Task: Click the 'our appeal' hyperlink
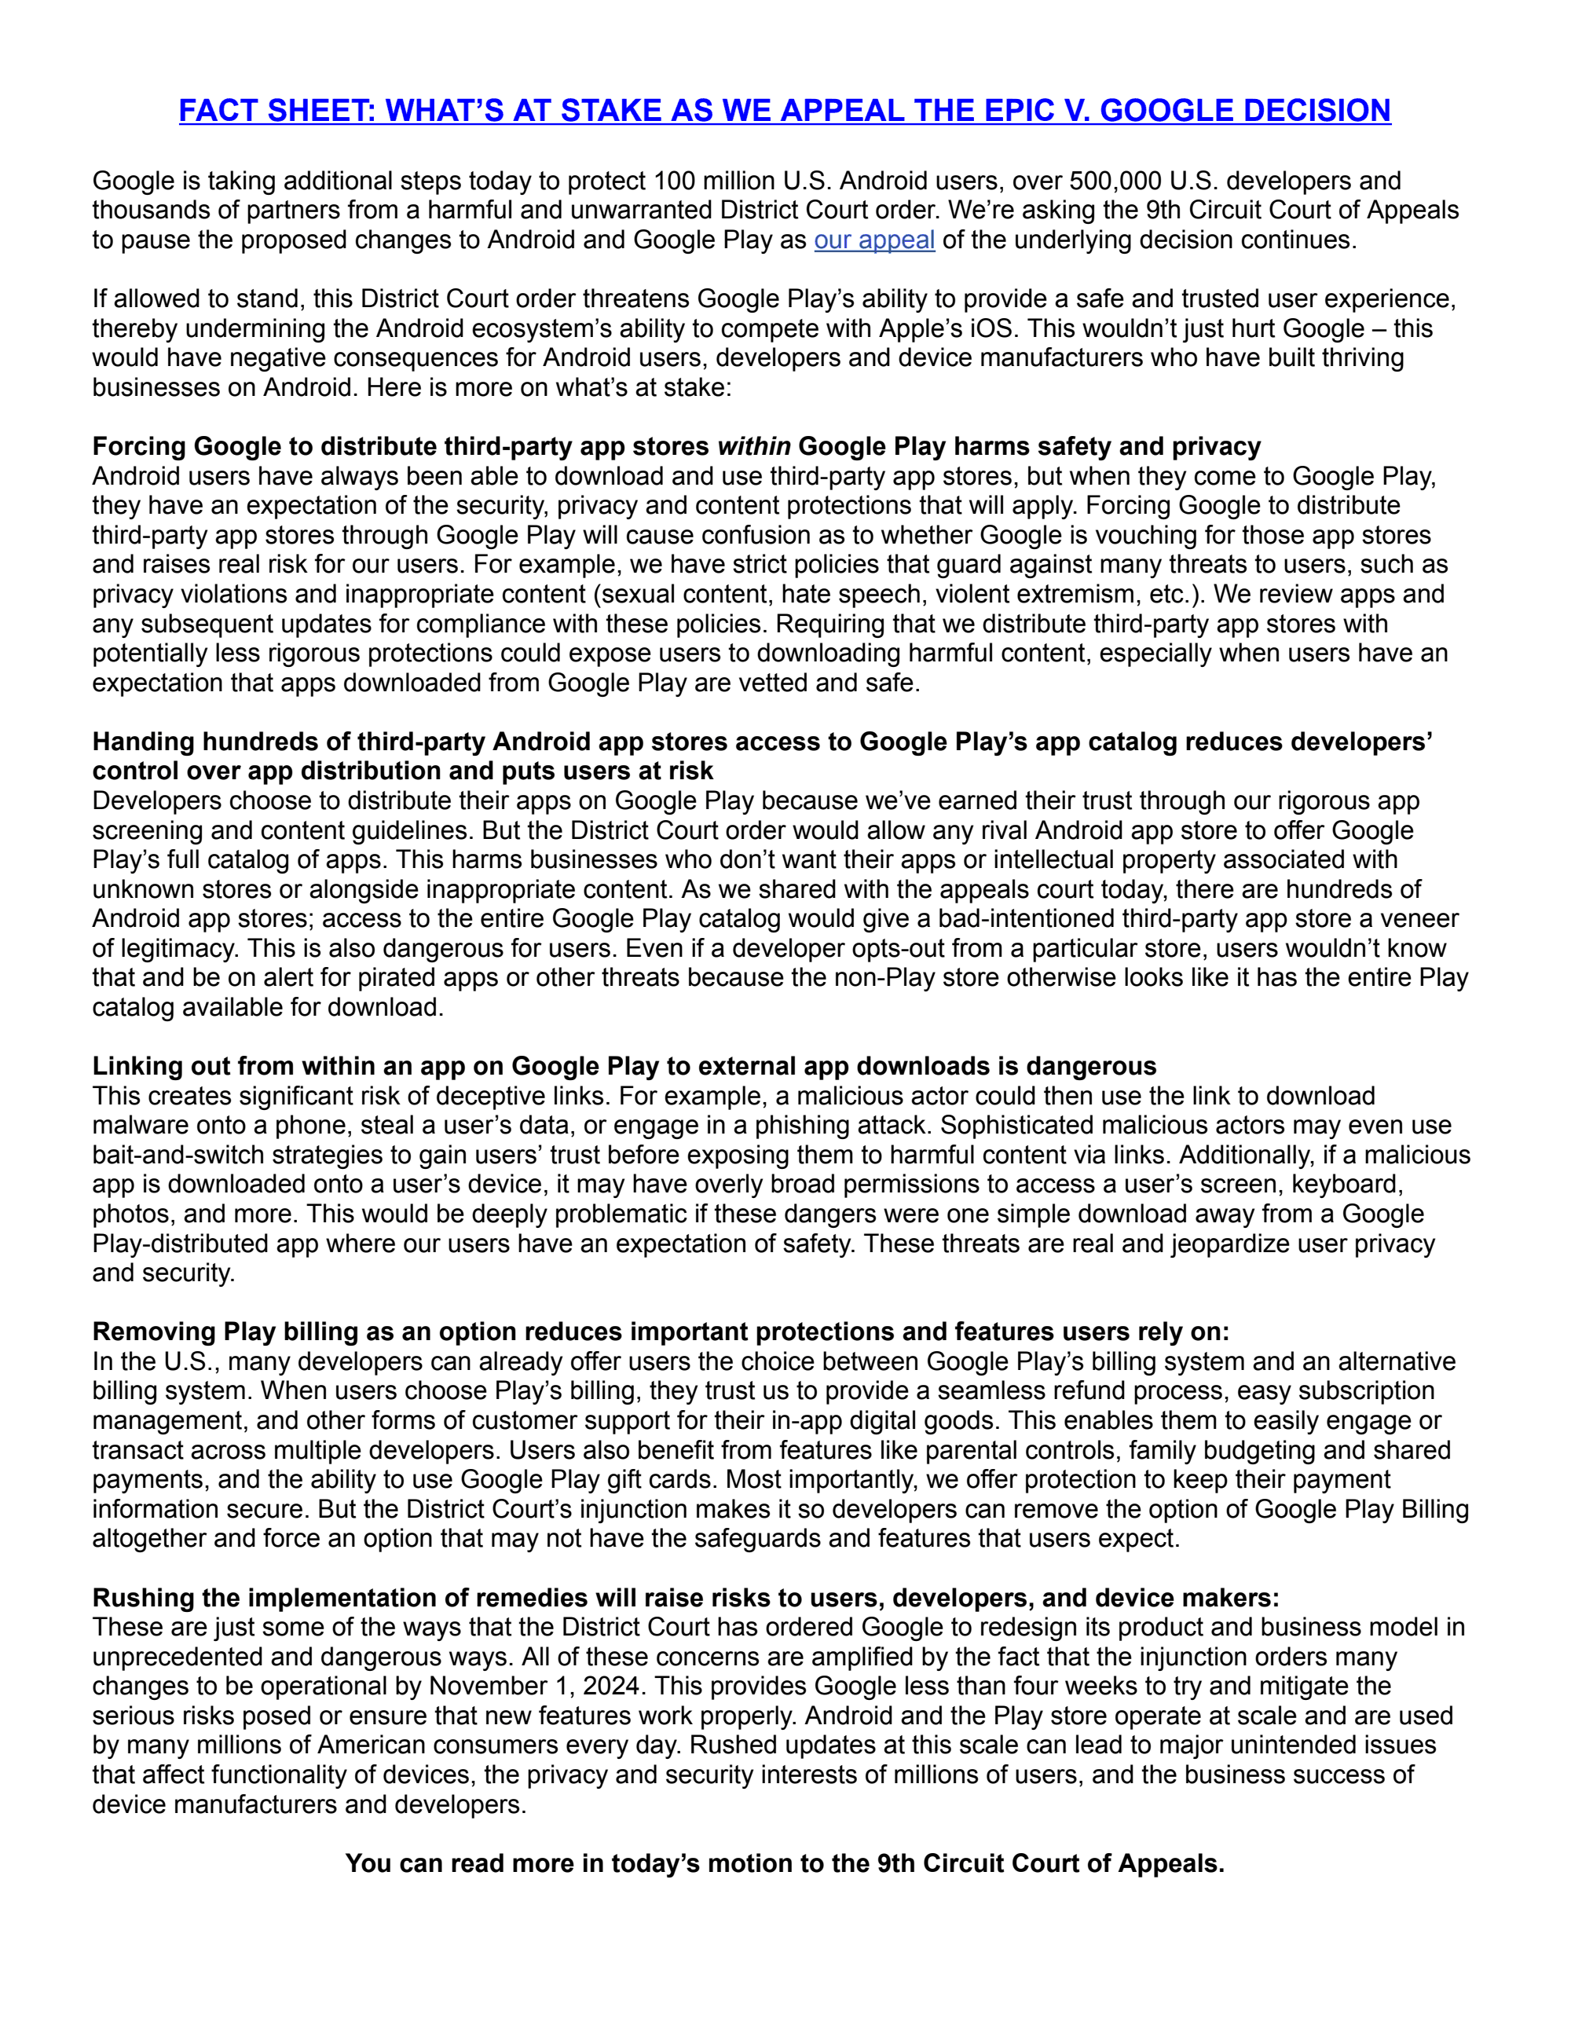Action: [874, 240]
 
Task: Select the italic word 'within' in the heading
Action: [754, 447]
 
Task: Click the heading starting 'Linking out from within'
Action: [624, 1066]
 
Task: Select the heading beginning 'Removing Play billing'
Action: [661, 1332]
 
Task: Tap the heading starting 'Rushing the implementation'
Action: [685, 1599]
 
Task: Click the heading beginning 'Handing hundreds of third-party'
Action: [761, 742]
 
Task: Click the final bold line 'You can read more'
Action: [785, 1863]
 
